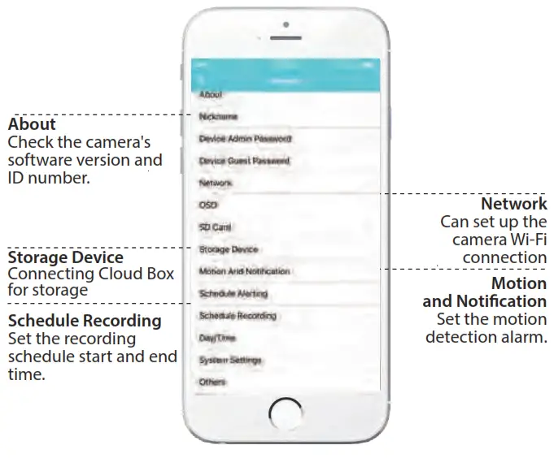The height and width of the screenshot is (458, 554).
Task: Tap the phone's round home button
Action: [x=286, y=412]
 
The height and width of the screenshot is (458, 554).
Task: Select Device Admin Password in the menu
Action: [x=245, y=139]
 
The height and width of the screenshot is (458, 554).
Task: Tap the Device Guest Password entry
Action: [x=244, y=162]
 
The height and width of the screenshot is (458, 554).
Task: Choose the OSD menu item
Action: [x=208, y=205]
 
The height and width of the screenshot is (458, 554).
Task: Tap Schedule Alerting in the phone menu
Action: [x=233, y=294]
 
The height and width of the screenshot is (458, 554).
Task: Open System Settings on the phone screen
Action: [x=230, y=360]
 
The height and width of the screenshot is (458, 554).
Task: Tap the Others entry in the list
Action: [x=212, y=382]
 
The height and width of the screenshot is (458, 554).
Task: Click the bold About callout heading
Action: [x=32, y=124]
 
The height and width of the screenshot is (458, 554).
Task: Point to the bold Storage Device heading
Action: [x=65, y=258]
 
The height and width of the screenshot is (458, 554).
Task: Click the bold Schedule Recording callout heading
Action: [x=85, y=321]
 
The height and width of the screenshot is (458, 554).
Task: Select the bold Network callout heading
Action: [x=513, y=204]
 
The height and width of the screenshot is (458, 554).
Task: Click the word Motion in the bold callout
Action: [x=519, y=283]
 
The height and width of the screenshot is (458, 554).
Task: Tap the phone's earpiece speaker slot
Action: [x=286, y=37]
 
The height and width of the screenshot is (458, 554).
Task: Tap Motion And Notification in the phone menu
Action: [x=244, y=271]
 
